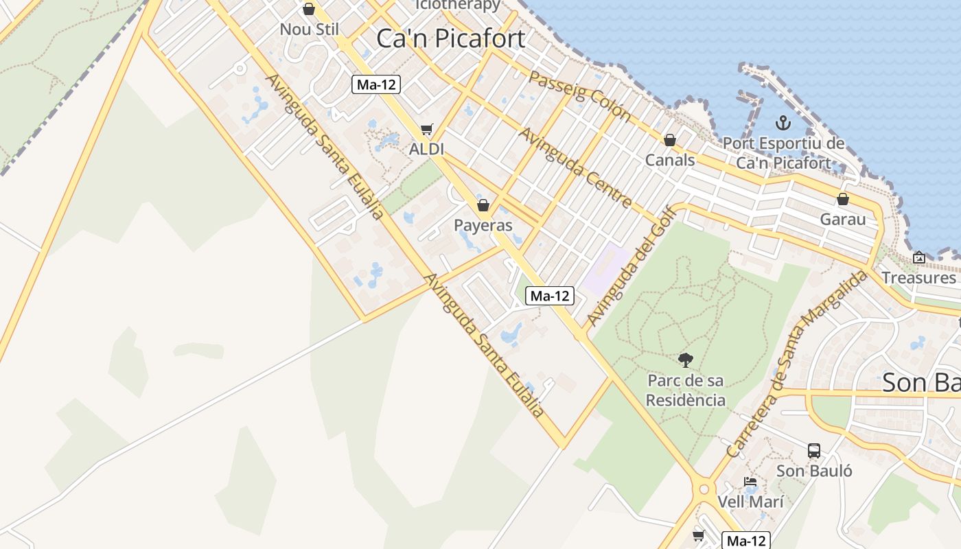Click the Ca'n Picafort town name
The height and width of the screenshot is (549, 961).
(451, 38)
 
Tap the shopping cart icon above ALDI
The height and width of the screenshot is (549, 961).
(427, 129)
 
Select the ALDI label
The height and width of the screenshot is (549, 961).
(427, 149)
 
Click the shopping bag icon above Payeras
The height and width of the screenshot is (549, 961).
(483, 205)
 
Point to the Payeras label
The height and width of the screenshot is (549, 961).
(483, 226)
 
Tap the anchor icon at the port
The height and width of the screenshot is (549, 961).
(783, 124)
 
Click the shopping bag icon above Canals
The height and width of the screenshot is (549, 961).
(670, 140)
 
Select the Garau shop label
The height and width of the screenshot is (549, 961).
(843, 220)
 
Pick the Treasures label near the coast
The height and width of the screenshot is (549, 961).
(918, 277)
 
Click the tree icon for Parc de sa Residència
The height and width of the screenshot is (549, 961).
(685, 360)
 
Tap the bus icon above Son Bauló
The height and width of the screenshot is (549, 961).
(814, 451)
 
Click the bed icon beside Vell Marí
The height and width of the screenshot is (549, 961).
(750, 482)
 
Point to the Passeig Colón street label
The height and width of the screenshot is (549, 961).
(580, 95)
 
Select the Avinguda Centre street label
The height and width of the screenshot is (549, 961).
(575, 167)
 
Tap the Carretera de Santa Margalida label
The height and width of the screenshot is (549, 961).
(796, 364)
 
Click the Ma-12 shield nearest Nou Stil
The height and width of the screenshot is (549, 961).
(376, 84)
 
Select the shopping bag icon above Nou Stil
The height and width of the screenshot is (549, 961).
(309, 9)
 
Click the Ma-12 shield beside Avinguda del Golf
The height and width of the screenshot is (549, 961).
(550, 296)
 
